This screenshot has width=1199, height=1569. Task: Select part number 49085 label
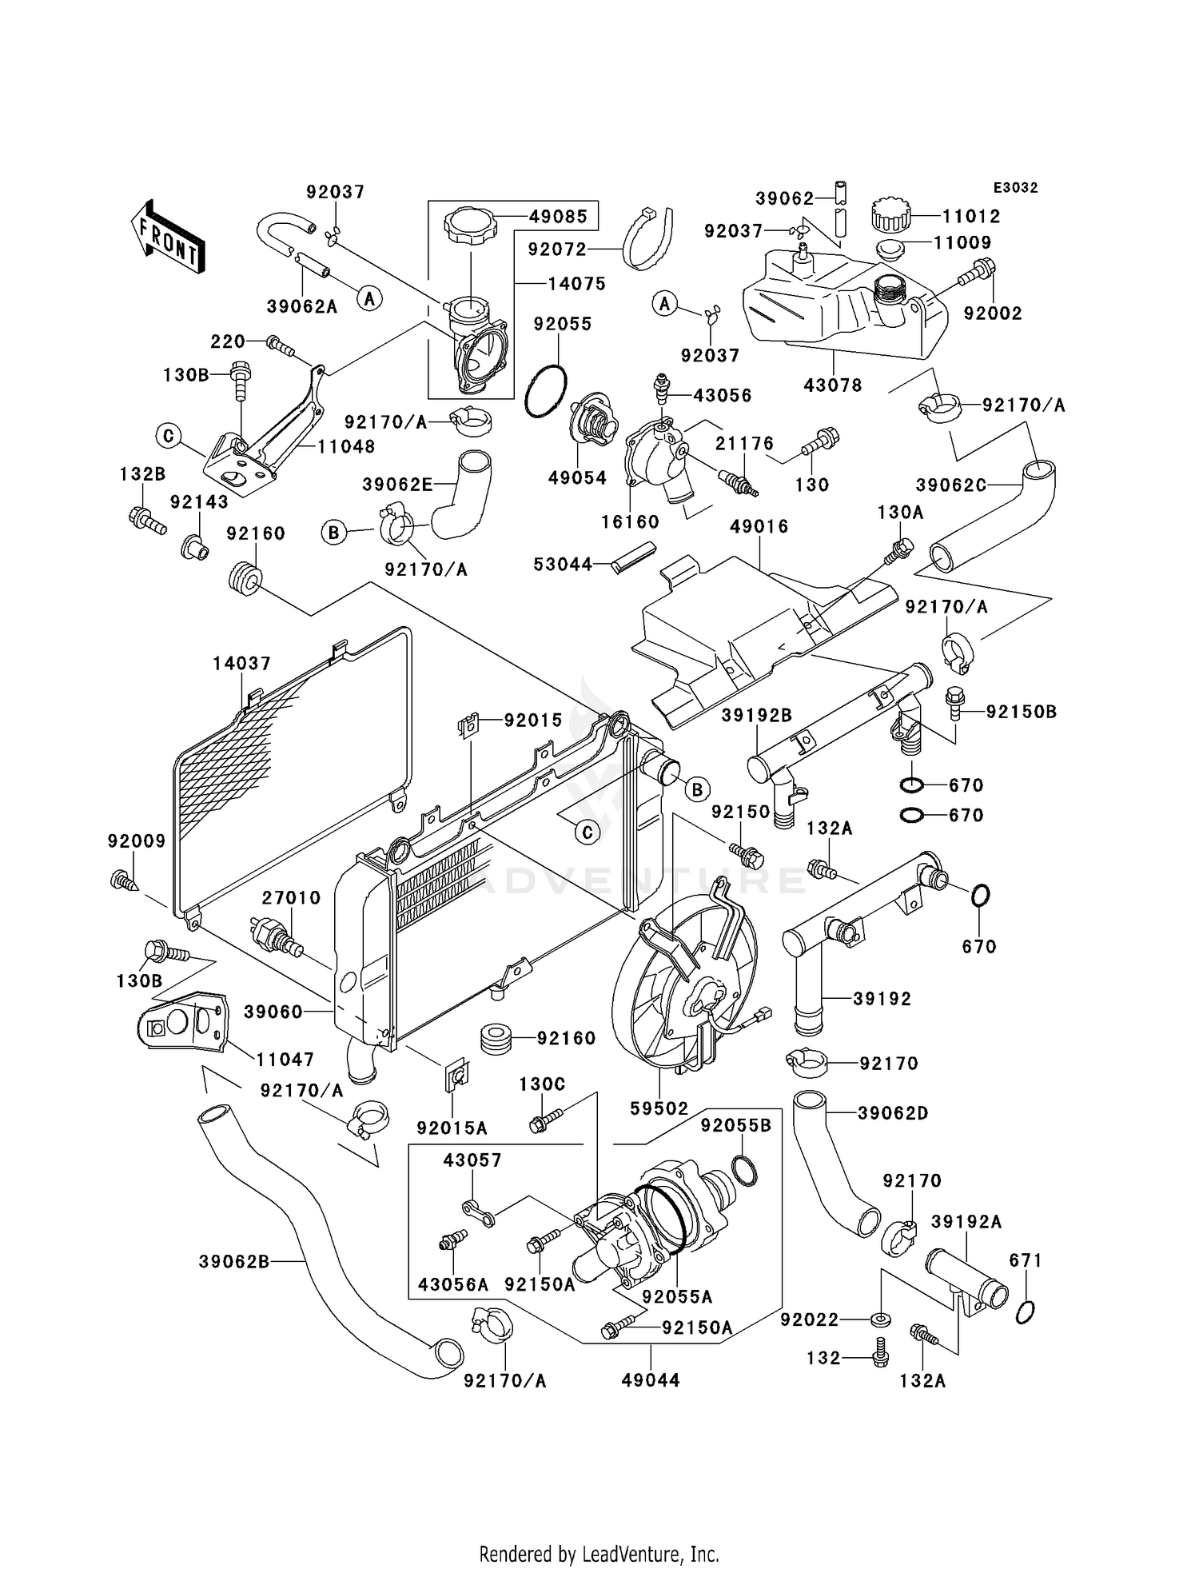tap(557, 216)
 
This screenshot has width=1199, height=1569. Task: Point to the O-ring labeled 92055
tap(547, 392)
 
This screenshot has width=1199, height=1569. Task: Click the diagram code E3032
tap(1015, 188)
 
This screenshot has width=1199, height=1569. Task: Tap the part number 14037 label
tap(241, 663)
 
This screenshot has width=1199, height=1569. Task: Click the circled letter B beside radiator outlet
tap(697, 790)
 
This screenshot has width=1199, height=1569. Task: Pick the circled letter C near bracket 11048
tap(169, 436)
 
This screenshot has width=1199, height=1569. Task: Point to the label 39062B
tap(234, 1262)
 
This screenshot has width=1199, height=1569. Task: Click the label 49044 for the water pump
tap(651, 1380)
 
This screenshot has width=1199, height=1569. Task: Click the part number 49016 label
tap(759, 526)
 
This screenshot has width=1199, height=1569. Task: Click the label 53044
tap(563, 565)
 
